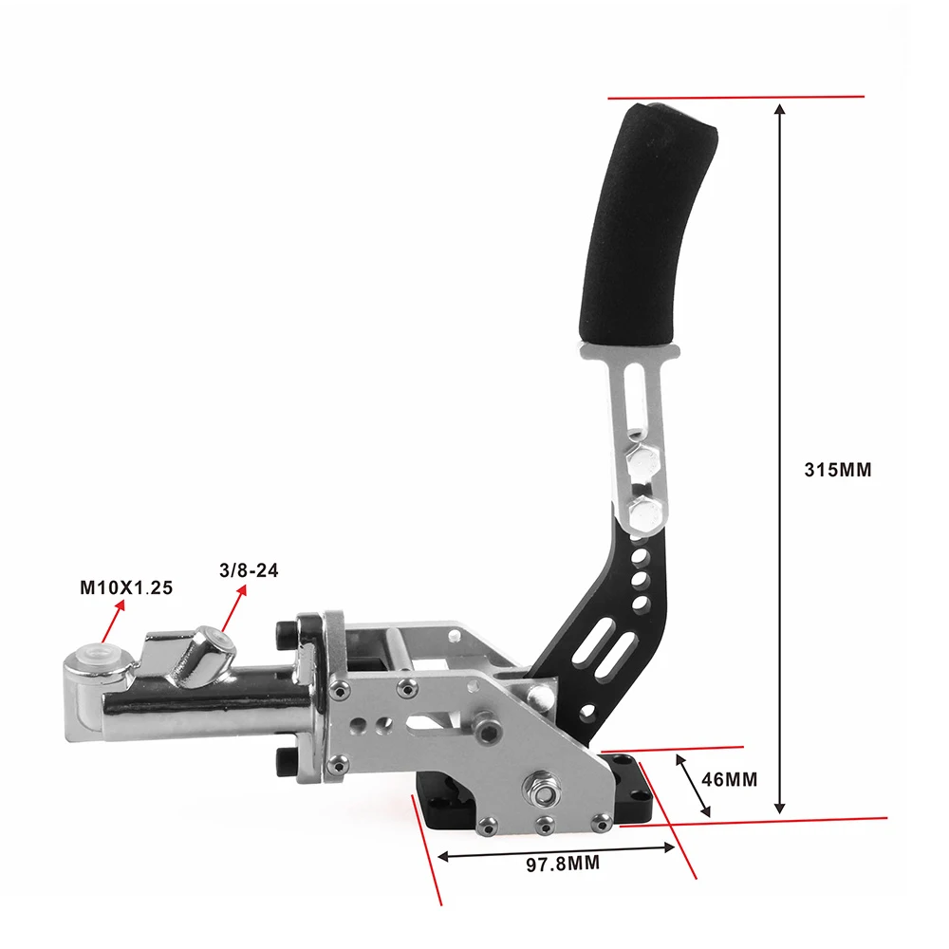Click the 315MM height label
click(838, 471)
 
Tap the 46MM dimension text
click(729, 779)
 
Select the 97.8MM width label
click(563, 864)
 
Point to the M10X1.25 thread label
click(126, 587)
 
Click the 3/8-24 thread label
click(249, 570)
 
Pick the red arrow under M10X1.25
click(113, 621)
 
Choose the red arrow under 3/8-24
click(234, 609)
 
